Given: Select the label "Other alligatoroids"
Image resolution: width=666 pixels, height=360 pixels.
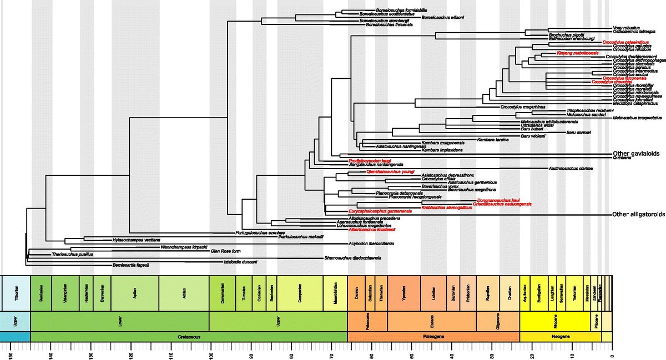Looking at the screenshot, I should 638,214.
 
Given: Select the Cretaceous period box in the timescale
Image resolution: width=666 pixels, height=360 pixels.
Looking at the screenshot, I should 189,337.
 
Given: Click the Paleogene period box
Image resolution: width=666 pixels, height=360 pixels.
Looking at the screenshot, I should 433,337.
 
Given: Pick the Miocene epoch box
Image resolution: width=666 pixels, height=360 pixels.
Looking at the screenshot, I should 555,321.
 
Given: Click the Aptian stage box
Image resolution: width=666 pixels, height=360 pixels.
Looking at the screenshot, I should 135,293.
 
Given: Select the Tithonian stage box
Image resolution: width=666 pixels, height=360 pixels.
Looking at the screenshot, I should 16,293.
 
